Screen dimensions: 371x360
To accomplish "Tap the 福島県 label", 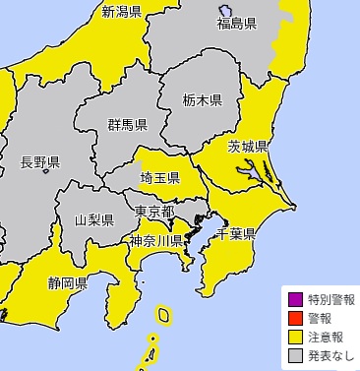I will [x=236, y=23].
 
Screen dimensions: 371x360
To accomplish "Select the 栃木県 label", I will [x=203, y=99].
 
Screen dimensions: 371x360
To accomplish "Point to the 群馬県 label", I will [x=128, y=125].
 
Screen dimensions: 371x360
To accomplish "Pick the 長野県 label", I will [x=40, y=162].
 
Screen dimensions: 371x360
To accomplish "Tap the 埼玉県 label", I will [x=159, y=178].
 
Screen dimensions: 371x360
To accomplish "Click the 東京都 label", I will [x=154, y=212].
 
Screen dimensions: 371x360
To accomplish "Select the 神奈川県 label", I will [x=155, y=240].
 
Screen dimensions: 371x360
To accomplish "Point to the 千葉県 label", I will [x=236, y=234].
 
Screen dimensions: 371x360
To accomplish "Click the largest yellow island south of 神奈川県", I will [x=164, y=315].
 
